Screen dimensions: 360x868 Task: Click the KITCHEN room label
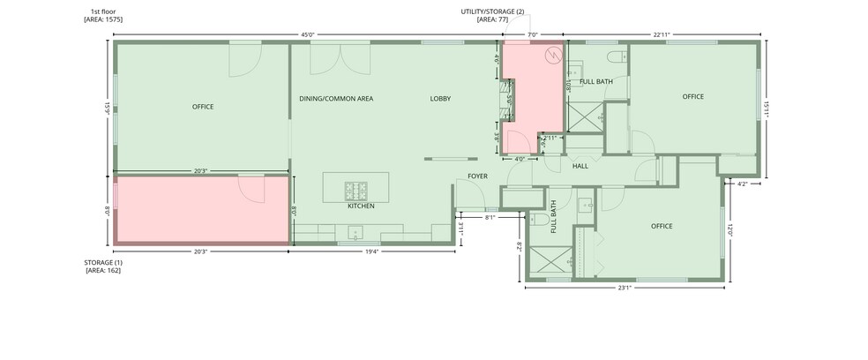pyautogui.click(x=361, y=206)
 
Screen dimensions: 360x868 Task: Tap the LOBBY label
pyautogui.click(x=440, y=99)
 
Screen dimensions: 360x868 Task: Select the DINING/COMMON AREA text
pyautogui.click(x=336, y=99)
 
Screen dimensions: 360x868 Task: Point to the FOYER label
pyautogui.click(x=477, y=176)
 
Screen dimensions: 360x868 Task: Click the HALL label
pyautogui.click(x=580, y=166)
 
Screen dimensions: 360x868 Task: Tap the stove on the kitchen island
pyautogui.click(x=357, y=189)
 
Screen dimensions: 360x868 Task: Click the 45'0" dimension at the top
pyautogui.click(x=308, y=35)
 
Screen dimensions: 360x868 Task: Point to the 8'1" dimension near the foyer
pyautogui.click(x=490, y=216)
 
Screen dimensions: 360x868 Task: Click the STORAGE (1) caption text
pyautogui.click(x=103, y=263)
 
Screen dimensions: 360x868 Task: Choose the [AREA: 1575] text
pyautogui.click(x=103, y=19)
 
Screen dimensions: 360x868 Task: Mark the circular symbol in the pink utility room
pyautogui.click(x=553, y=55)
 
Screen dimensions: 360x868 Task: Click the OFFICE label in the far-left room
pyautogui.click(x=203, y=107)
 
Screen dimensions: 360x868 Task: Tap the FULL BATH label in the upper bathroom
pyautogui.click(x=596, y=81)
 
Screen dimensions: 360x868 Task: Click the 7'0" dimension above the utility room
pyautogui.click(x=532, y=35)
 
